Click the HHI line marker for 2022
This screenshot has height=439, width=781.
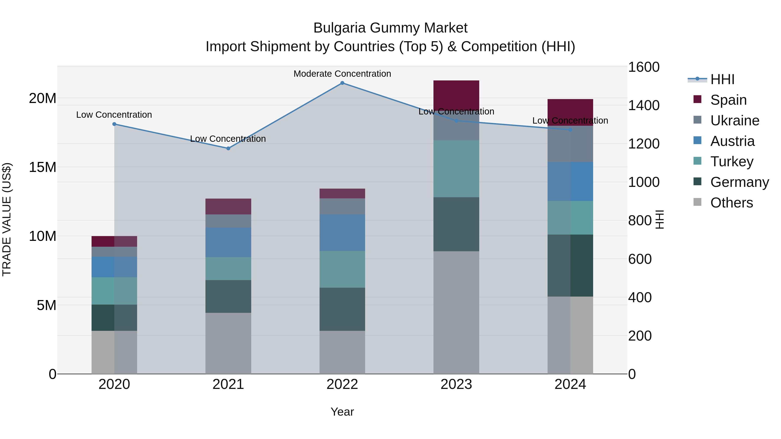click(x=342, y=83)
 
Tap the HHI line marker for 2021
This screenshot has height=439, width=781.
click(x=228, y=149)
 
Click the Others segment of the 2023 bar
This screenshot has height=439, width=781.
click(x=456, y=312)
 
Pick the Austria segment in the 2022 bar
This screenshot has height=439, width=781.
click(x=342, y=233)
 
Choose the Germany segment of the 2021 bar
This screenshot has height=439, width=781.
click(x=228, y=296)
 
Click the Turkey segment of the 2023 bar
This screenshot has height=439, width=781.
click(x=456, y=168)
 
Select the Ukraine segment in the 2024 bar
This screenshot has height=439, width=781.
click(x=570, y=144)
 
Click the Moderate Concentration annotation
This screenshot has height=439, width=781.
click(x=342, y=74)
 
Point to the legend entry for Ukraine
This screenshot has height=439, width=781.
click(x=734, y=121)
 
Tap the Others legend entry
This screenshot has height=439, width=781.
click(x=731, y=203)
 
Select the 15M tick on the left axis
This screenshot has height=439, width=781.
click(x=43, y=167)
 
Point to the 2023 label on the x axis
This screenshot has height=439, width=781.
click(x=456, y=384)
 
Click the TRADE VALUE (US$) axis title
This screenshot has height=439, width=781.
click(x=7, y=219)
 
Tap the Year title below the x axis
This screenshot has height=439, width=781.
click(x=342, y=412)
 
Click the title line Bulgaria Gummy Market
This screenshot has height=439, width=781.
click(x=390, y=28)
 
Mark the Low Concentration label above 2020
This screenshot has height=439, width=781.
click(x=114, y=115)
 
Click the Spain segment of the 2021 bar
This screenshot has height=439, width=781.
click(x=228, y=207)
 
